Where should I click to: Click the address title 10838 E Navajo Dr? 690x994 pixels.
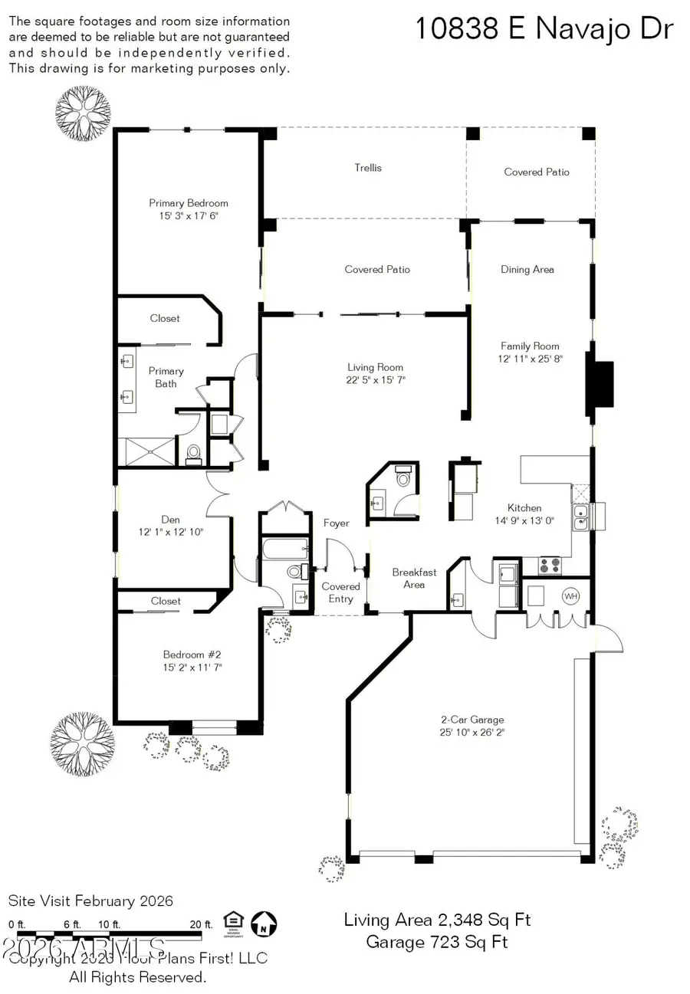(544, 29)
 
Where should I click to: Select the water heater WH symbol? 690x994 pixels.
(571, 595)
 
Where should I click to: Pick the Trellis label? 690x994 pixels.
(368, 167)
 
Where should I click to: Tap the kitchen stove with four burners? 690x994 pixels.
(550, 566)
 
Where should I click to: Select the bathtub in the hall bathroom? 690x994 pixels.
(284, 549)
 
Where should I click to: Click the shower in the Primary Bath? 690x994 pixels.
(146, 451)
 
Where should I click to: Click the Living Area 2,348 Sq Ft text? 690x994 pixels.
(438, 920)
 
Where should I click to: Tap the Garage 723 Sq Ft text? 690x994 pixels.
(437, 942)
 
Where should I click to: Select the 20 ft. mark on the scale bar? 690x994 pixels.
(200, 924)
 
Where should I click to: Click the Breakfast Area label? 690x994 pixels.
(414, 578)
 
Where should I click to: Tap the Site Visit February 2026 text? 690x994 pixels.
(90, 901)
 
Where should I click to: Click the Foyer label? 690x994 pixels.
(336, 523)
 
